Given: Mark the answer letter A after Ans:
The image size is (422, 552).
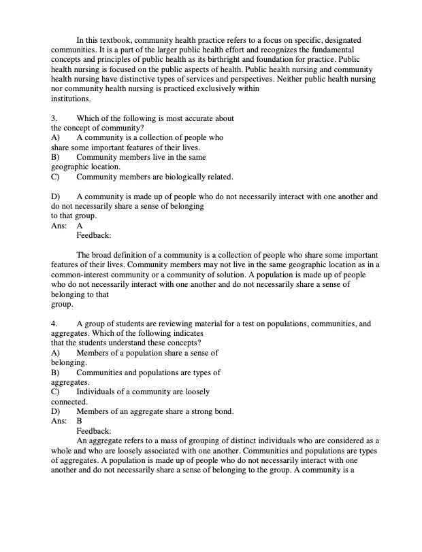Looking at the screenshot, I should [80, 226].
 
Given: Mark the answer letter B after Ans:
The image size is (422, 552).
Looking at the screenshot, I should [80, 421].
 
